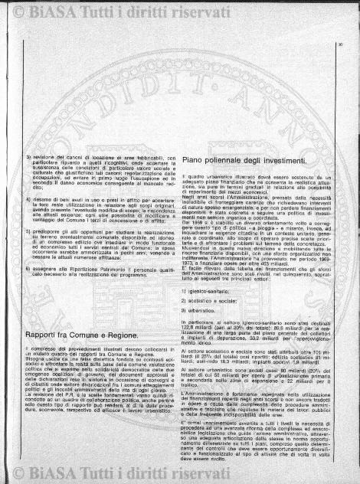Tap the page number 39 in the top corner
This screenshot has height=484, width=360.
pyautogui.click(x=338, y=53)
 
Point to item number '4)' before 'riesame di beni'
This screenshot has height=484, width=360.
pyautogui.click(x=28, y=198)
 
